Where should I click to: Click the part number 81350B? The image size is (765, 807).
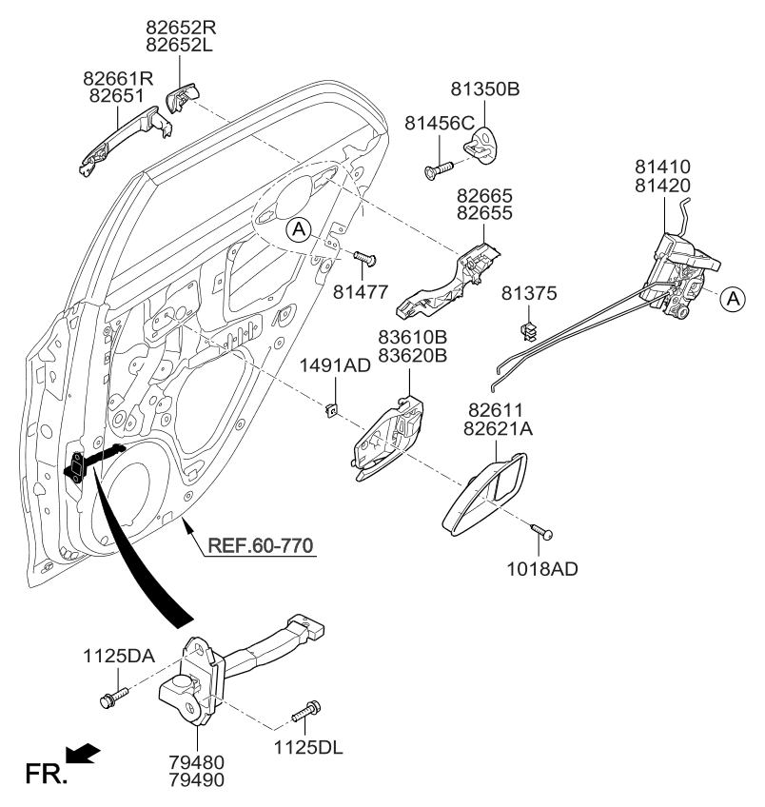[484, 90]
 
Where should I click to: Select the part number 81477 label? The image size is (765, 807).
[362, 291]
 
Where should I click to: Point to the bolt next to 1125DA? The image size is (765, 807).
[107, 701]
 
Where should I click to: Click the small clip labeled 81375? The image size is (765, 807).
[529, 330]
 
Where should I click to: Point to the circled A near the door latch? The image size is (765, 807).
[732, 299]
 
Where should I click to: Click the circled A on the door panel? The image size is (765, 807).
[298, 228]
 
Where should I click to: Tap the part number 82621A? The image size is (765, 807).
[500, 429]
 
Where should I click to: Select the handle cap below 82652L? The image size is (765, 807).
[182, 96]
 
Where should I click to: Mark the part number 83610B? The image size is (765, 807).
[412, 337]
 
